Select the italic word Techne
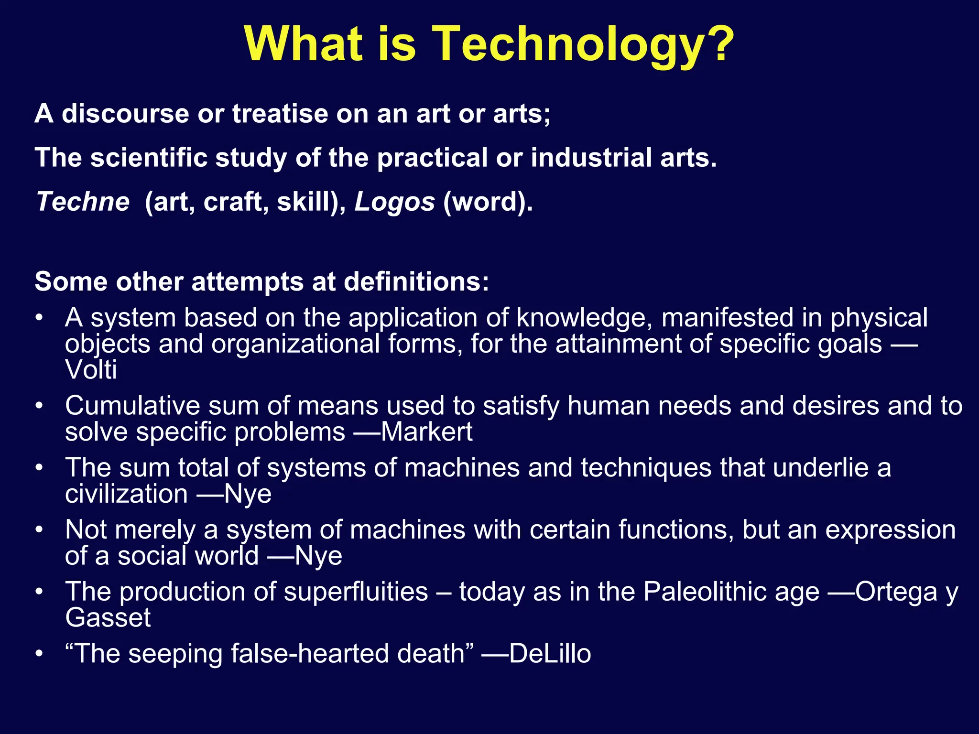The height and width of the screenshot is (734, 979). point(83,202)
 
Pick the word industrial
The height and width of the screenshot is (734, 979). point(591,158)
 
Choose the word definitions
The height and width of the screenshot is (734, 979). point(416,281)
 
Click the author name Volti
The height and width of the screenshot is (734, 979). point(91,370)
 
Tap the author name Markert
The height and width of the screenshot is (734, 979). point(426,432)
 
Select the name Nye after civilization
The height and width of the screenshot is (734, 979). point(248,494)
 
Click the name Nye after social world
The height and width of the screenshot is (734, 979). point(318,556)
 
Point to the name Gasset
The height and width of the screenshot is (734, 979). point(108,618)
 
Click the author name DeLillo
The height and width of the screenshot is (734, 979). point(550,654)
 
